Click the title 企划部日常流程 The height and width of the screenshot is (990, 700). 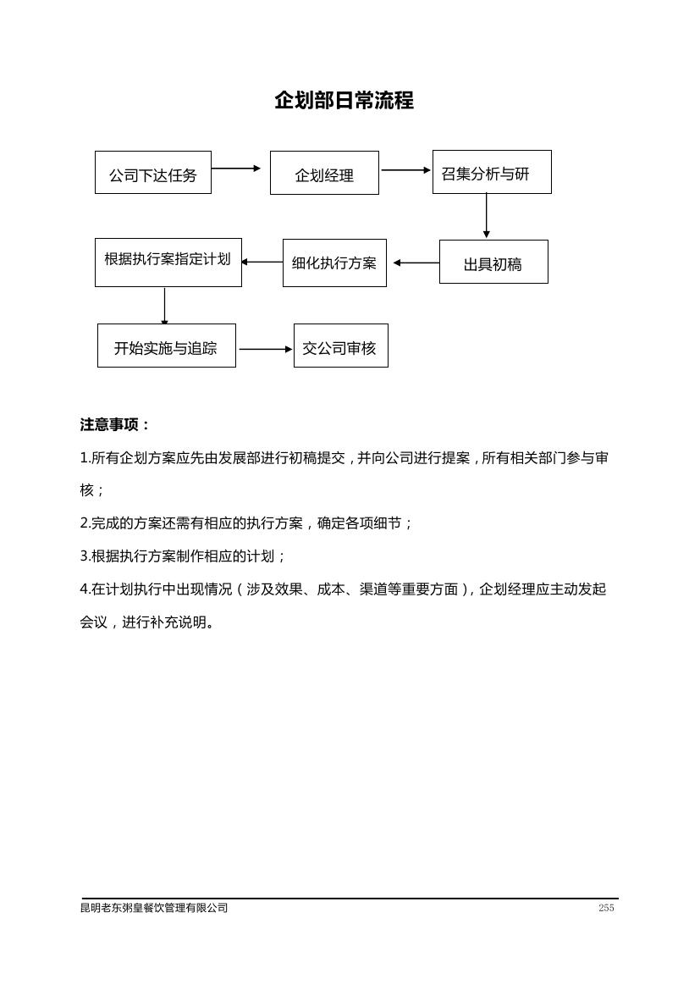click(344, 101)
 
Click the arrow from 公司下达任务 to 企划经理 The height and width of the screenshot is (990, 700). click(236, 169)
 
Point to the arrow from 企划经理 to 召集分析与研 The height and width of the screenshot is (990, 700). click(405, 170)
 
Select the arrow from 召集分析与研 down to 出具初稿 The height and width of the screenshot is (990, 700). click(486, 216)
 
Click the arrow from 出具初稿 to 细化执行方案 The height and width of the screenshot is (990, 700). click(416, 263)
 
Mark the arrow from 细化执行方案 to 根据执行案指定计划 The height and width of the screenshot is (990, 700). click(262, 262)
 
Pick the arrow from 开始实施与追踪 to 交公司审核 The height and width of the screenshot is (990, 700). click(266, 349)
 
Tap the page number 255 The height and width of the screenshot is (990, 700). click(606, 908)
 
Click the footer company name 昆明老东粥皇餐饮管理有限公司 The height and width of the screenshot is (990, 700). click(154, 908)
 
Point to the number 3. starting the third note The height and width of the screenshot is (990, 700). click(85, 556)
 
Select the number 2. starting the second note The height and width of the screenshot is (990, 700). click(85, 523)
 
